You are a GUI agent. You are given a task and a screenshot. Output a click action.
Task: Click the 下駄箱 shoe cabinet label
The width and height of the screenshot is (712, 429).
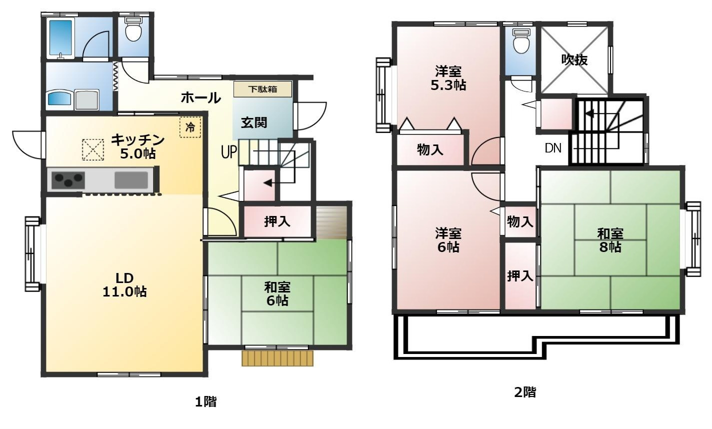point(262,89)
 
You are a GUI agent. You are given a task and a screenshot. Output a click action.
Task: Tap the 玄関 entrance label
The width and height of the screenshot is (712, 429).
point(253,122)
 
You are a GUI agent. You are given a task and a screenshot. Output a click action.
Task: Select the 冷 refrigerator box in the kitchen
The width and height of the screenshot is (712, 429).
point(190,127)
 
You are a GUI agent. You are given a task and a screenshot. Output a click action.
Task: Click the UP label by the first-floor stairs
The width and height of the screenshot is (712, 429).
point(229,152)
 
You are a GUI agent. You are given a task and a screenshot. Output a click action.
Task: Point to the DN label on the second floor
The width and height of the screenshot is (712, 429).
point(553,148)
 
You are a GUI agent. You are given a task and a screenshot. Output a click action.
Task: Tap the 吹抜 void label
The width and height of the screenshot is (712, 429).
point(574,59)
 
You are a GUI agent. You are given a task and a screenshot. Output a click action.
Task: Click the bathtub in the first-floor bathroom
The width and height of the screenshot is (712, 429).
point(60,38)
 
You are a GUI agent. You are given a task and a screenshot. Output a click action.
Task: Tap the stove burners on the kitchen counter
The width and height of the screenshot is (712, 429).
point(68,180)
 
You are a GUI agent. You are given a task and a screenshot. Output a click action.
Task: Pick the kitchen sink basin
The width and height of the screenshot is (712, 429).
point(131,180)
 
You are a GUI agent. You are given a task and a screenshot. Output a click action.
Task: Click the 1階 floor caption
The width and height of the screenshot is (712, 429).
point(205,402)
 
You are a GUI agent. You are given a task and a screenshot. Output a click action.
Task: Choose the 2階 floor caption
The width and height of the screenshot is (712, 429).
point(525,392)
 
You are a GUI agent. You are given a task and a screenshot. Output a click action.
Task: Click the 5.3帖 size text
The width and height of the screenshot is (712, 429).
point(448,85)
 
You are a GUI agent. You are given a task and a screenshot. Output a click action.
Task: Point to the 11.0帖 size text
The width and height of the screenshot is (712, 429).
point(124,291)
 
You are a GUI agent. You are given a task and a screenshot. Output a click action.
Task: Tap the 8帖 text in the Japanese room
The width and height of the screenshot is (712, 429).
point(610,247)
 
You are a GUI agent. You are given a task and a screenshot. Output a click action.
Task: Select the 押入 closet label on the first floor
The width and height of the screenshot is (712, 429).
point(277,221)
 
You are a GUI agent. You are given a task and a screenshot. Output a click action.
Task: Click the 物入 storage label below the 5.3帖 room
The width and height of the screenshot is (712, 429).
point(429,149)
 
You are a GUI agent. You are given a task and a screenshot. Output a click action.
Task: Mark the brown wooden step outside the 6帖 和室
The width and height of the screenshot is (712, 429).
point(277,358)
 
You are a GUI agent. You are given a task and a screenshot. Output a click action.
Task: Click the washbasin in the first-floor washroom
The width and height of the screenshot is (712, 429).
point(59,97)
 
